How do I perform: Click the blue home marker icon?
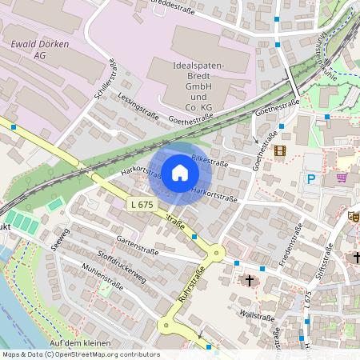(x=180, y=172)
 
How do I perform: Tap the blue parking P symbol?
(x=310, y=179)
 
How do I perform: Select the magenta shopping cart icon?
(x=342, y=177)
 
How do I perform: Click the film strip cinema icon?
(x=279, y=150)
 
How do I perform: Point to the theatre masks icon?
(x=354, y=216)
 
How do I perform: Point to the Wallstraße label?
(x=257, y=316)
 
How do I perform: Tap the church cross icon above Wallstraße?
(x=250, y=281)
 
